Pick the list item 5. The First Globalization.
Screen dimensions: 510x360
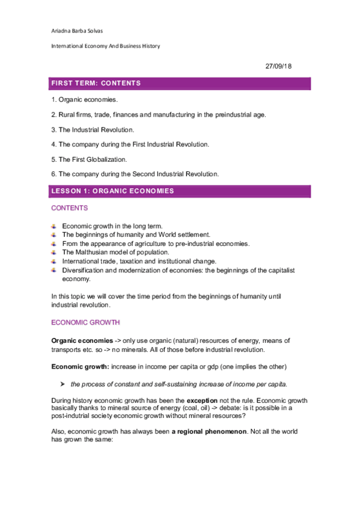coord(92,159)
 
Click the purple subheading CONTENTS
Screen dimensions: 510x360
coord(69,208)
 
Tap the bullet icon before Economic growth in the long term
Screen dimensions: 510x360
coord(55,226)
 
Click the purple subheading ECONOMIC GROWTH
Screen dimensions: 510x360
coord(85,323)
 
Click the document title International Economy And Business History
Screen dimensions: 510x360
coord(105,46)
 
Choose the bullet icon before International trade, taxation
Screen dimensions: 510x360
coord(55,262)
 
